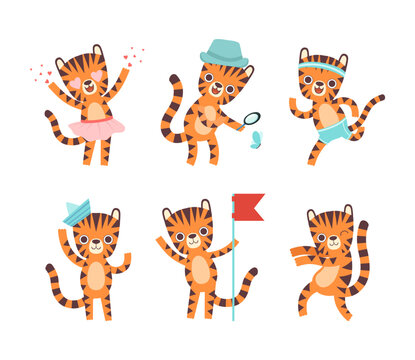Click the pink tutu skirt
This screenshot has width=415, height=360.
pyautogui.click(x=96, y=127)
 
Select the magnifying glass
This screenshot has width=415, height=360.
pyautogui.click(x=252, y=118)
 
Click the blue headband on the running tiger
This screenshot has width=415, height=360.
pyautogui.click(x=322, y=69)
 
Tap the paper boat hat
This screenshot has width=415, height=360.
pyautogui.click(x=77, y=212)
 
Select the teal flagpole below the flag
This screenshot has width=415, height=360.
pyautogui.click(x=233, y=280)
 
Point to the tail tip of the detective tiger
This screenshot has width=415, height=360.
pyautogui.click(x=174, y=79)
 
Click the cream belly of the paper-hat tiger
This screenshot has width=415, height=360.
pyautogui.click(x=95, y=276)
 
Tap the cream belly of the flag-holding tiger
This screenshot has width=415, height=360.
pyautogui.click(x=200, y=270)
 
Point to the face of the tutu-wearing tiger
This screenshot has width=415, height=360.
pyautogui.click(x=88, y=83)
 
